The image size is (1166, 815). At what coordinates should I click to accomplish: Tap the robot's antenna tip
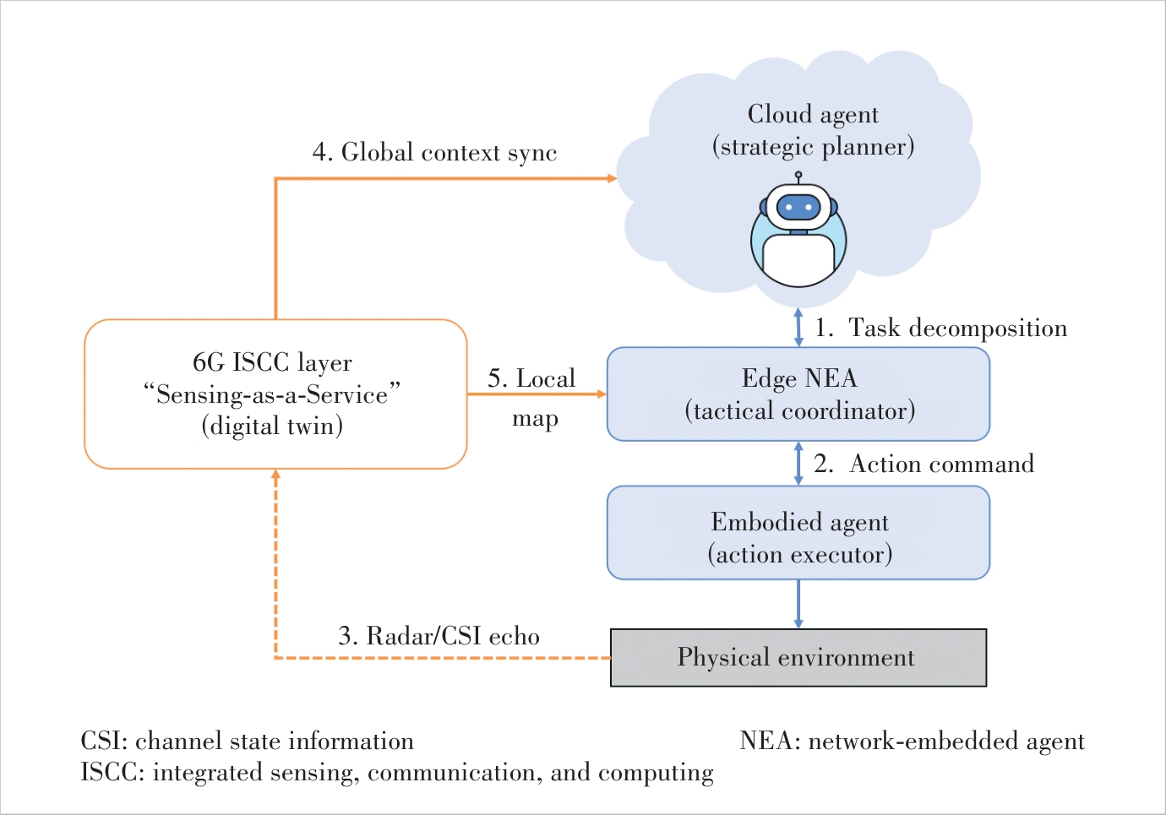[x=798, y=175]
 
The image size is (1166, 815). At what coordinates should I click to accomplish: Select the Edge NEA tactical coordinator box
[x=798, y=394]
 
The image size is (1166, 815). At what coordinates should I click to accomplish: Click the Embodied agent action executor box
[x=798, y=532]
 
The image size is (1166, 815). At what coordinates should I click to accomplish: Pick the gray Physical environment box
[x=798, y=658]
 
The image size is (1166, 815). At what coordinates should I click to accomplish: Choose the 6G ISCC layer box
[x=275, y=394]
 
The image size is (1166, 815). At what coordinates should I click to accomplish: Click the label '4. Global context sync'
[x=434, y=153]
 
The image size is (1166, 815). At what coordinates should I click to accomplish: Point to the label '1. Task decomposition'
[x=940, y=328]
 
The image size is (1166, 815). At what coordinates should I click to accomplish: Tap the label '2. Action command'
[x=924, y=464]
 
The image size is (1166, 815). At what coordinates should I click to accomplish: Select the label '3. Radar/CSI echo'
[x=439, y=636]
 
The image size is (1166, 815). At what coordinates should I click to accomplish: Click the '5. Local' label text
[x=531, y=378]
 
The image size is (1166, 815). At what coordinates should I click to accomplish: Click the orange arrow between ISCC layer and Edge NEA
[x=537, y=394]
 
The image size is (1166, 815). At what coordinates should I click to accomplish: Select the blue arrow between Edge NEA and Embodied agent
[x=798, y=464]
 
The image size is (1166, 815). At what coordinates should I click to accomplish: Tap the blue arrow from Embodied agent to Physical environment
[x=798, y=604]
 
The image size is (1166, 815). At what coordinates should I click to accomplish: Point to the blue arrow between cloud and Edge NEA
[x=798, y=328]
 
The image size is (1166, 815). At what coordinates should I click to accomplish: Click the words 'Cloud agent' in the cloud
[x=813, y=115]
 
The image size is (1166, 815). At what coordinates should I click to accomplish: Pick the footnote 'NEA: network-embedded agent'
[x=912, y=741]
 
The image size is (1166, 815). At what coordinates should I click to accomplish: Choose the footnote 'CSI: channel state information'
[x=248, y=741]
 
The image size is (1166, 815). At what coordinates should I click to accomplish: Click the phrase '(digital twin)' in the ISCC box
[x=272, y=427]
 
